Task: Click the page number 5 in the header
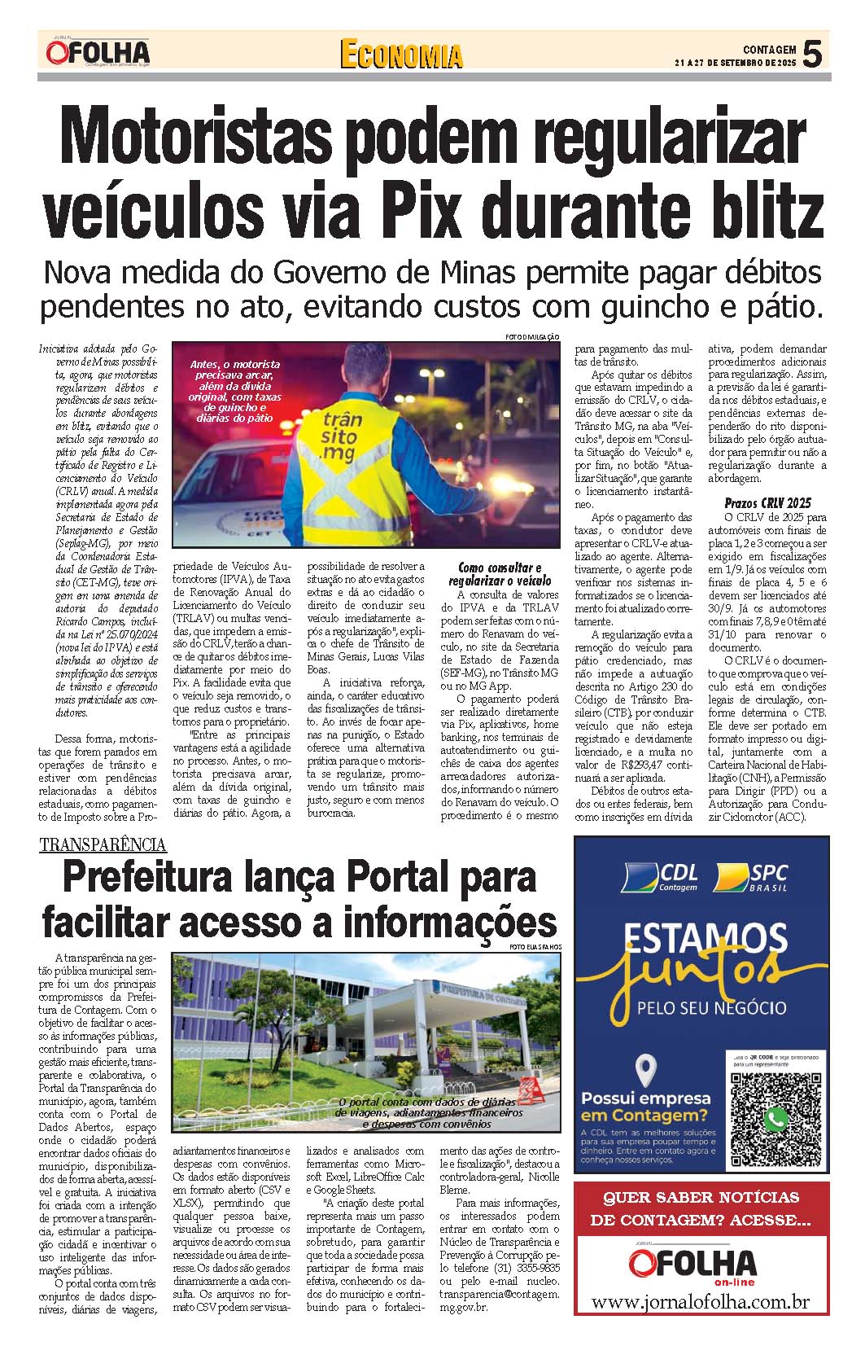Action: pos(811,54)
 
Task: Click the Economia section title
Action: pos(401,55)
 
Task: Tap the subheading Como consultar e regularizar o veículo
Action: pos(500,574)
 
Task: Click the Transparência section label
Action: pos(103,844)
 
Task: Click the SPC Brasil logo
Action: pos(751,877)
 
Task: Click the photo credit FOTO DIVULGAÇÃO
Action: pos(532,338)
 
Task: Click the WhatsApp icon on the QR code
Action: pos(775,1120)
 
